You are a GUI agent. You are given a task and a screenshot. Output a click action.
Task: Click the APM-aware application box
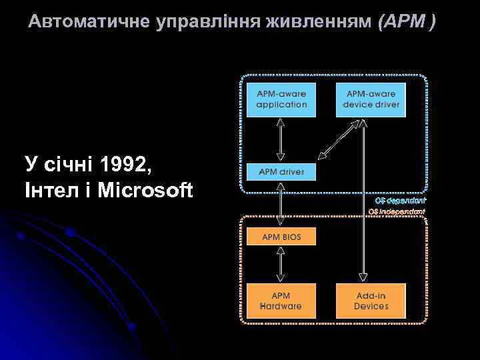click(281, 99)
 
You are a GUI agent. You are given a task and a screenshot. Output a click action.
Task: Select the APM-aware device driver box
click(371, 99)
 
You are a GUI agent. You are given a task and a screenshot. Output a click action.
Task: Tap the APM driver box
click(281, 172)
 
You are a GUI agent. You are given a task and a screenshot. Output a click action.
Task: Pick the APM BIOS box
click(281, 237)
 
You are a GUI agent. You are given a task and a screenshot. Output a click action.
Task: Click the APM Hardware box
click(281, 301)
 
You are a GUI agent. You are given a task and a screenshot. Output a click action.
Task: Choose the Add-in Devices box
click(371, 301)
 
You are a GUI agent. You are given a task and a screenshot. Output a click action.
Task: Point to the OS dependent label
click(400, 200)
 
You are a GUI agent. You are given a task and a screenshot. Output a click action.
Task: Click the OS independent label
click(397, 211)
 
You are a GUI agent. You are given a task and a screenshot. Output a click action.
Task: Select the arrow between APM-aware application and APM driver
click(281, 139)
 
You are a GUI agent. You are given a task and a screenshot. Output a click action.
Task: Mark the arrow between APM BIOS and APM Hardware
click(281, 265)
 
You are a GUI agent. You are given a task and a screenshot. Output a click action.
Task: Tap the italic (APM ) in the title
click(407, 23)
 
